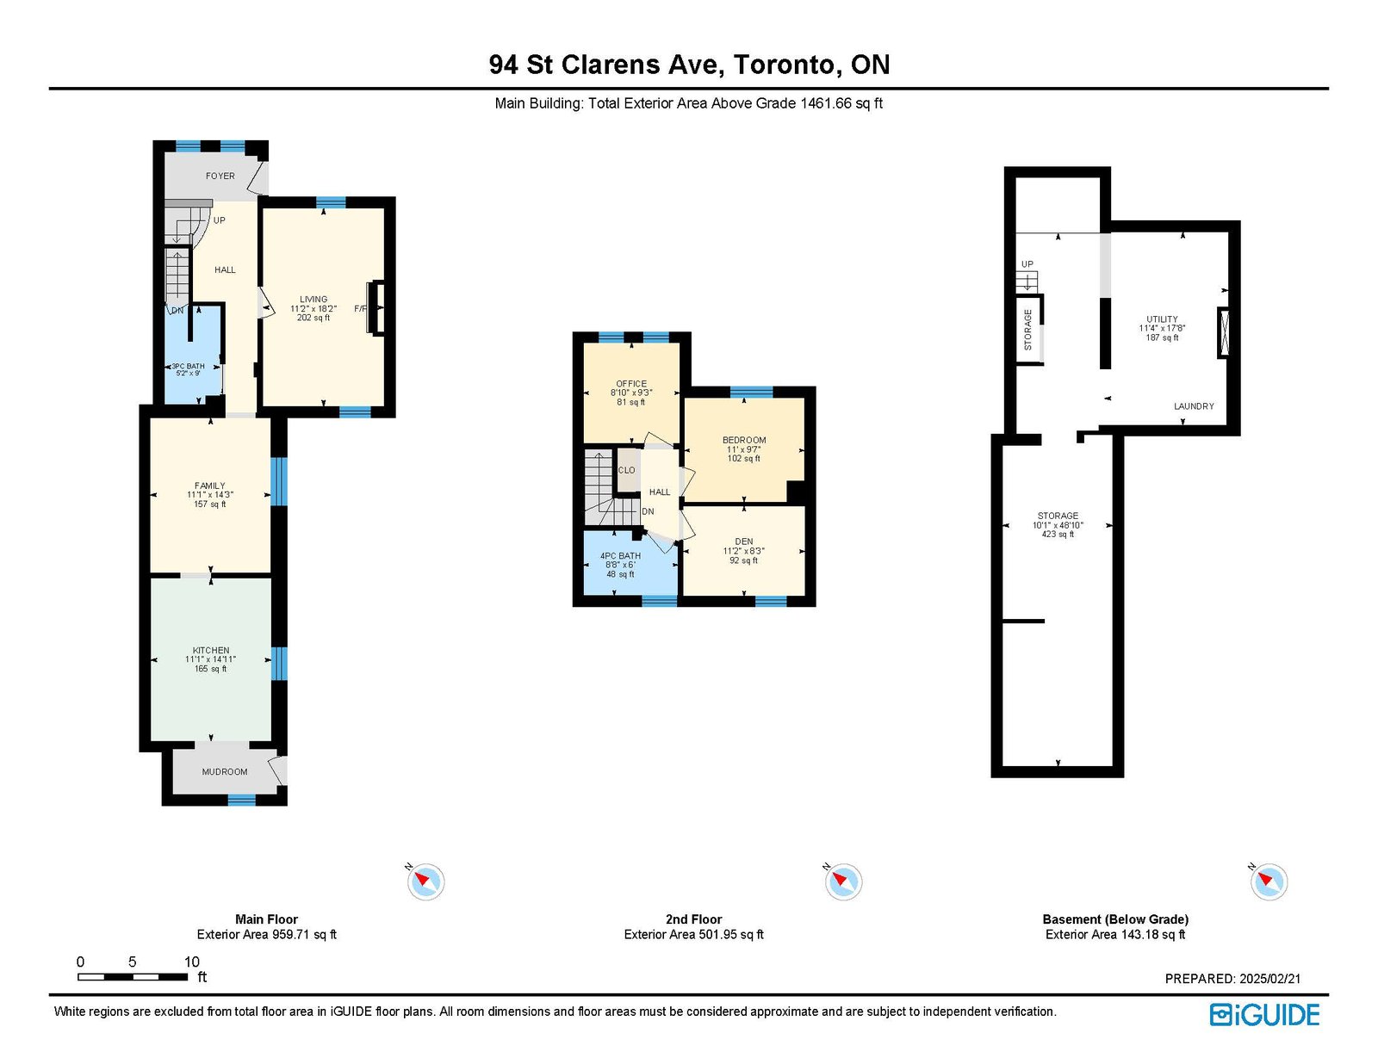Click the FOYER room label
click(220, 176)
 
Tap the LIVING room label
click(313, 299)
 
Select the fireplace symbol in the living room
click(377, 307)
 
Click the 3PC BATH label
click(188, 366)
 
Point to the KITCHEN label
click(211, 650)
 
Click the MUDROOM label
click(225, 772)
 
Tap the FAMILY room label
click(210, 486)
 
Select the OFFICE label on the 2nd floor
click(631, 383)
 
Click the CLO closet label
click(626, 470)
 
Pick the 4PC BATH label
click(620, 556)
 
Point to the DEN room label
click(744, 541)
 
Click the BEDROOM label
click(744, 441)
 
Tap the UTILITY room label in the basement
click(1162, 319)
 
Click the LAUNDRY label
click(1194, 406)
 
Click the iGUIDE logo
click(1264, 1015)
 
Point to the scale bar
click(133, 977)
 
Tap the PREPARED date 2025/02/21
click(1269, 979)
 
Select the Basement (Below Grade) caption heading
click(1115, 919)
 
